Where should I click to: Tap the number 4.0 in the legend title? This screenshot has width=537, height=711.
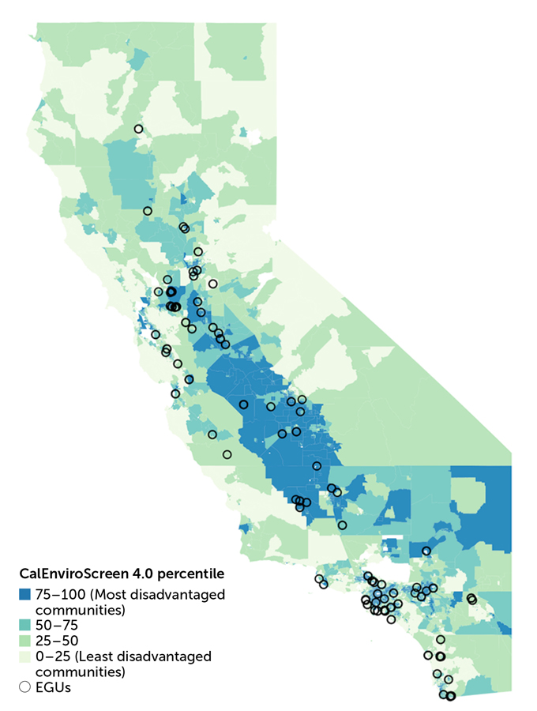point(139,573)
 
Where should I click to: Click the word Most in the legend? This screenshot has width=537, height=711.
point(107,594)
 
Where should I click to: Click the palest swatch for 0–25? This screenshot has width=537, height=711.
point(24,656)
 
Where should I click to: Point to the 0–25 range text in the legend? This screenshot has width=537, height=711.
point(52,656)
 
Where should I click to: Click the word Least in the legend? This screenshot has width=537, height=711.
point(94,656)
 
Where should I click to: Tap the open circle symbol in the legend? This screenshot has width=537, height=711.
point(24,687)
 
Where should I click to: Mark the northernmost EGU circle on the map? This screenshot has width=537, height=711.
point(138,129)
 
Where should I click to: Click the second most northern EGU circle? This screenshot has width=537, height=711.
point(147,211)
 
